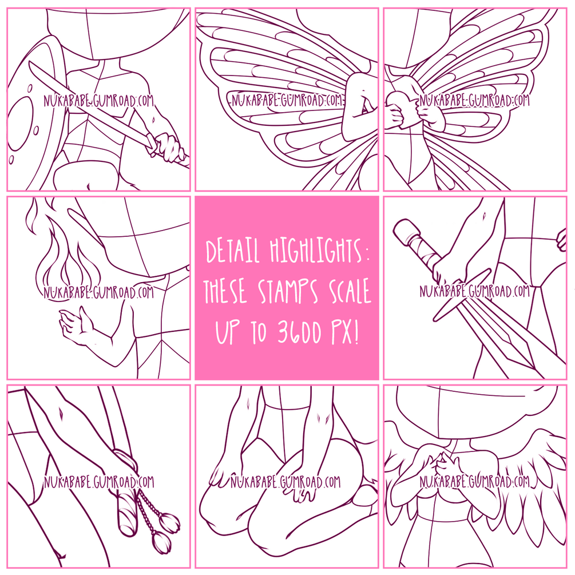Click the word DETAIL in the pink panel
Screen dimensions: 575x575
coord(232,251)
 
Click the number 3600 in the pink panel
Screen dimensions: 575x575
coord(300,332)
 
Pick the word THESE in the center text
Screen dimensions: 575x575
coord(225,291)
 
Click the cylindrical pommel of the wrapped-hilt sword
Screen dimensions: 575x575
coord(406,232)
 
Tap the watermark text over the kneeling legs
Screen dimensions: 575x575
coord(285,482)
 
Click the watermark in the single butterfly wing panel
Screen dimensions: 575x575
coord(288,100)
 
